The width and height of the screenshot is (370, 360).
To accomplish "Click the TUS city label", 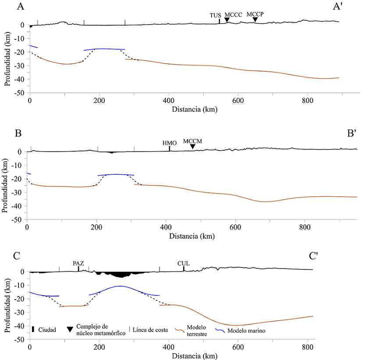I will click(x=215, y=15).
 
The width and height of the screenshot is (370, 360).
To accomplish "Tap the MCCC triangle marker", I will click(x=227, y=20).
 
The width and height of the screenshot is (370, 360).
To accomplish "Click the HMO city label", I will click(x=169, y=142).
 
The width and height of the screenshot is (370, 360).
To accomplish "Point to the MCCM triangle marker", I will click(x=192, y=147).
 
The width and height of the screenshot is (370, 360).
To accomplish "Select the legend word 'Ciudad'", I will click(x=46, y=330).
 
